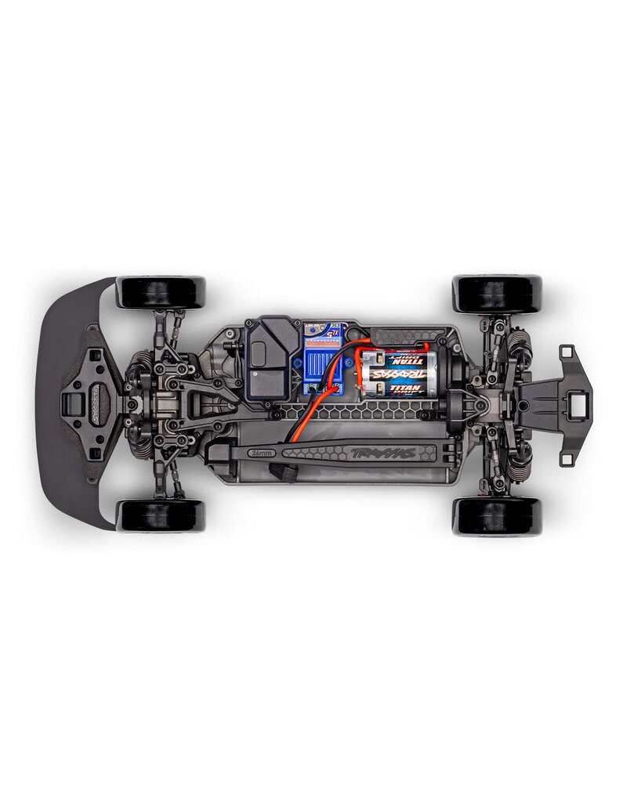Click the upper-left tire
click(161, 291)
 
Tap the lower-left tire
click(161, 515)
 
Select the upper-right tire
click(497, 293)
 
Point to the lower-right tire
click(497, 516)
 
